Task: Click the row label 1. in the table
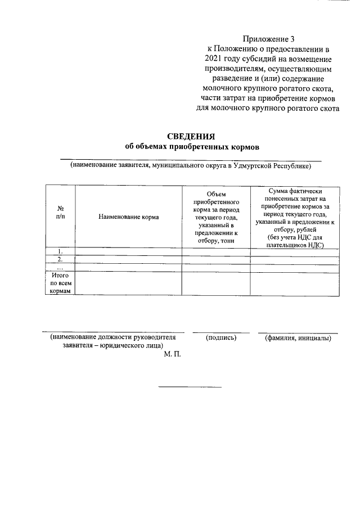[x=60, y=250]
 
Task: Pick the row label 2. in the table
[x=60, y=259]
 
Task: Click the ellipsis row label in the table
[x=60, y=267]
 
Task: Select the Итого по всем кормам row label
[x=60, y=283]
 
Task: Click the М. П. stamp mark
[x=172, y=356]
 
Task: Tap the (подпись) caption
[x=221, y=338]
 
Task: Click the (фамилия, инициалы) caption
[x=298, y=338]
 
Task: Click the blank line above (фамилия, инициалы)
[x=298, y=333]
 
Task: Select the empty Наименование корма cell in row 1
[x=128, y=251]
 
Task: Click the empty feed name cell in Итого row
[x=128, y=283]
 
